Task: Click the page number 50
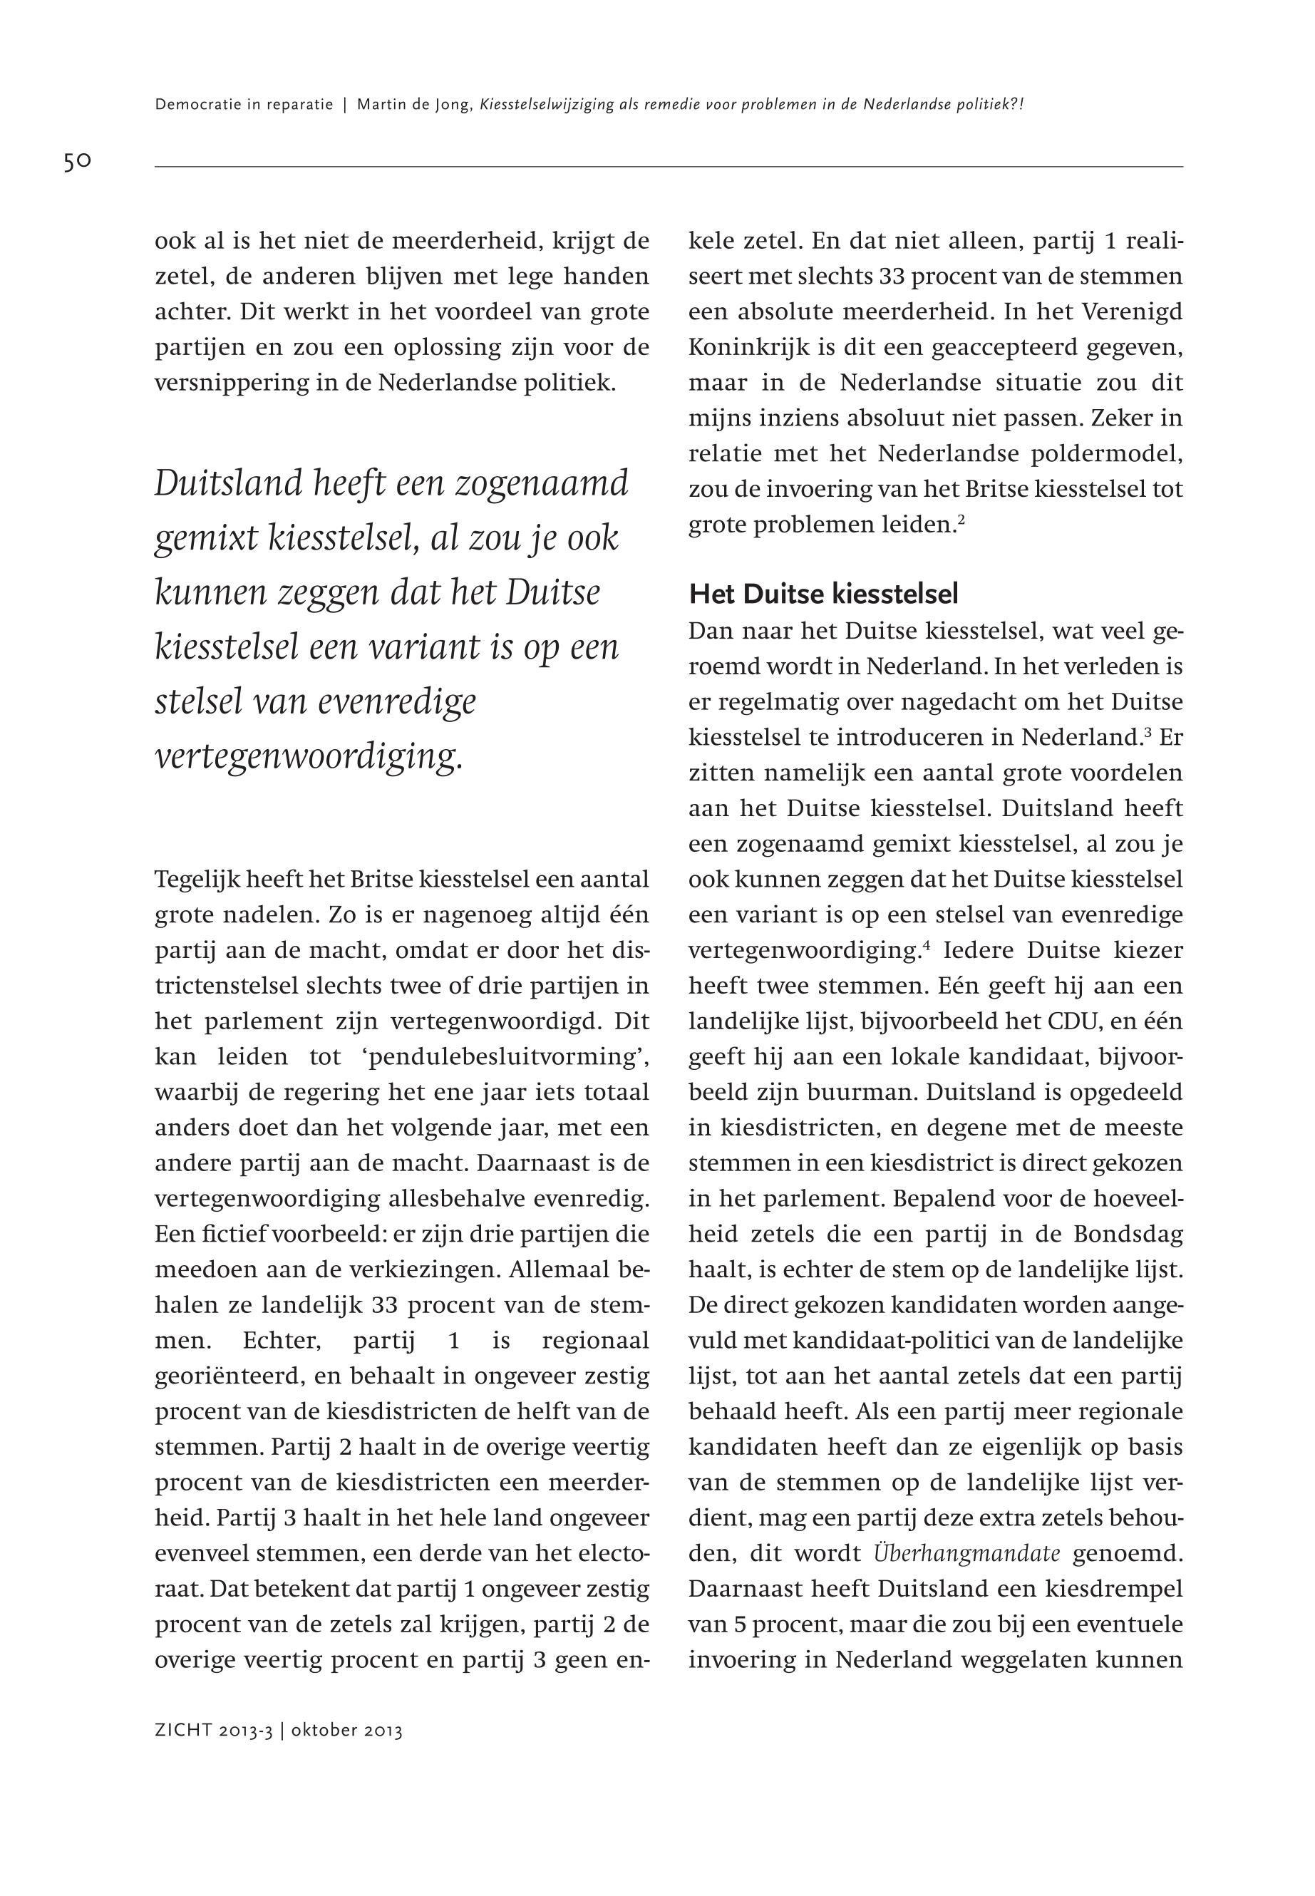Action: tap(77, 162)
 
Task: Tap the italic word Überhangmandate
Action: tap(966, 1553)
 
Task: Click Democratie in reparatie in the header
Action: tap(244, 105)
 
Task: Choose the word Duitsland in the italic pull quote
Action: tap(229, 484)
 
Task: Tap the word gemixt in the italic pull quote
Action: tap(206, 539)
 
